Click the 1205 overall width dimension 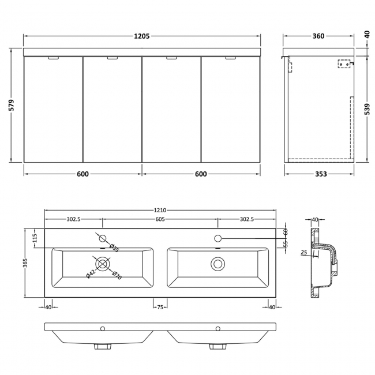pos(141,36)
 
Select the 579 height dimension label pos(12,106)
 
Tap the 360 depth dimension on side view pos(318,36)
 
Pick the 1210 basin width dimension pos(160,210)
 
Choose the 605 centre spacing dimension pos(160,219)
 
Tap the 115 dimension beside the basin pos(35,237)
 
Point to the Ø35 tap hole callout pos(115,249)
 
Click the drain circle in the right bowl pos(217,264)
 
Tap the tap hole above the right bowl pos(218,238)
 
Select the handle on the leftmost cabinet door pos(52,58)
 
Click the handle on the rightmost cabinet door pos(230,58)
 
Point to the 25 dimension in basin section pos(304,252)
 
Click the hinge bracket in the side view pos(344,65)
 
